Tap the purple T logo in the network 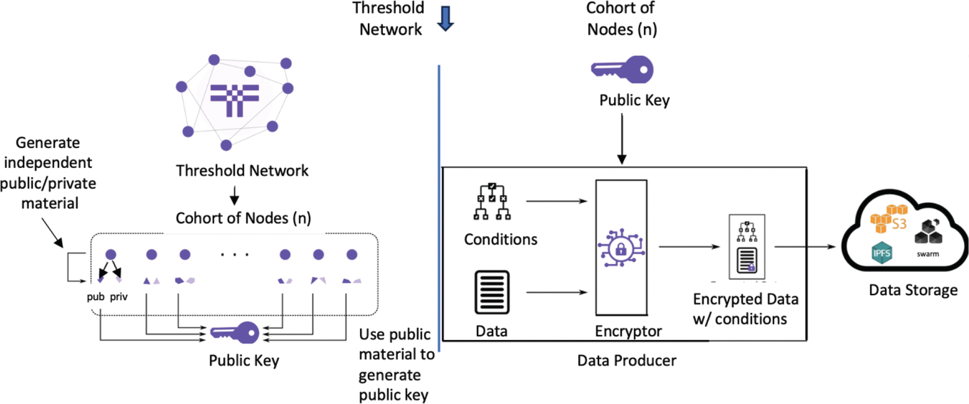[x=235, y=99]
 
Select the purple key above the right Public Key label [x=622, y=70]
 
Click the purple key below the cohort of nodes [x=235, y=332]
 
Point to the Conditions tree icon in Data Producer [x=492, y=202]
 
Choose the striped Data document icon [x=492, y=292]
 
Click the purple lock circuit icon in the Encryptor [x=621, y=248]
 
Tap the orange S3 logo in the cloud [x=889, y=219]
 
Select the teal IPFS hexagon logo [x=881, y=253]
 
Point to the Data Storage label [x=913, y=290]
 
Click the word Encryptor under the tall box [x=628, y=331]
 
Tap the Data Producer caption [x=626, y=360]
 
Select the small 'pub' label [x=95, y=297]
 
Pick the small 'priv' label [x=119, y=297]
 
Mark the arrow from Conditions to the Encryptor [x=557, y=201]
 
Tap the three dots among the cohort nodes [x=235, y=255]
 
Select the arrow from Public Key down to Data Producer [x=621, y=139]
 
